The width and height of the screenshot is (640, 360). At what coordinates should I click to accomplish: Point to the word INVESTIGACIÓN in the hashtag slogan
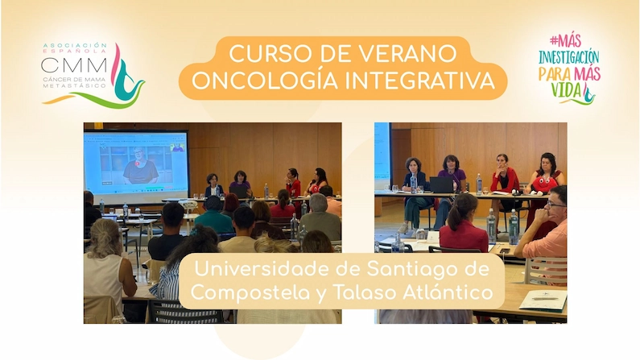pos(569,57)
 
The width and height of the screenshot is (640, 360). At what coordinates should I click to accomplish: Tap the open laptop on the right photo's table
pos(441,185)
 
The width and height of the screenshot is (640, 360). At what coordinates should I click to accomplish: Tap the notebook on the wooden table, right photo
pos(543,301)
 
